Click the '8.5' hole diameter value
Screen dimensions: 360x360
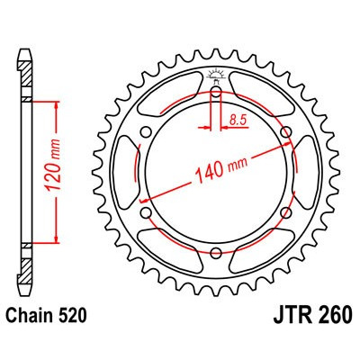tap(239, 118)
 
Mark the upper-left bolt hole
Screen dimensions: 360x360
tap(146, 132)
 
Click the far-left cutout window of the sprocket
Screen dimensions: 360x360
tap(130, 173)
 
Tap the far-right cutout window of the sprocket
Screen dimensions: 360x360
tap(304, 173)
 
